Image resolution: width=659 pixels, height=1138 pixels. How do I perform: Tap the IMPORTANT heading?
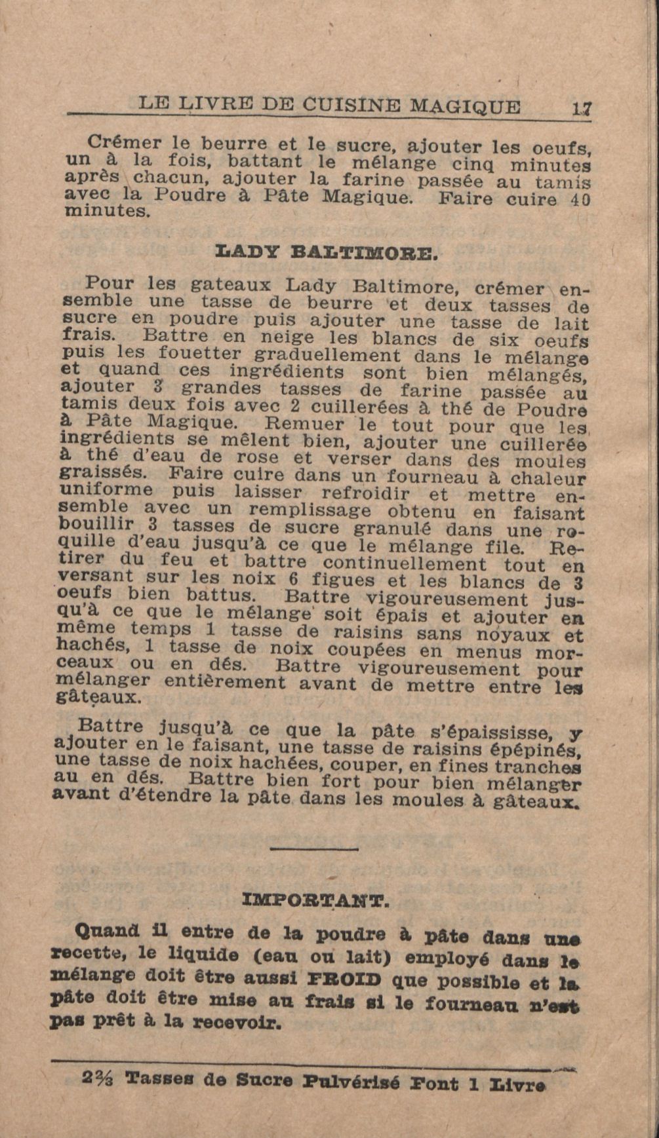tap(315, 900)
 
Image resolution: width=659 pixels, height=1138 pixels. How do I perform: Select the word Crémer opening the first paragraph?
tap(124, 142)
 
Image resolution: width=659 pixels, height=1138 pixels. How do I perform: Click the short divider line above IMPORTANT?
tap(314, 849)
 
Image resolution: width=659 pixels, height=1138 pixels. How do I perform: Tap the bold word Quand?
tap(108, 931)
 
